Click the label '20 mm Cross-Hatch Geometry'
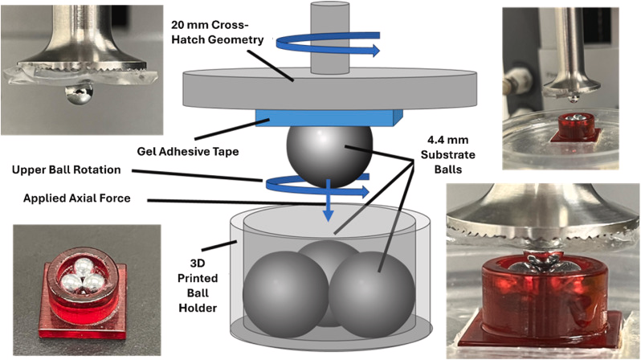point(218,32)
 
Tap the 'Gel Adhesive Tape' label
point(188,151)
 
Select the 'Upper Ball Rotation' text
point(66,170)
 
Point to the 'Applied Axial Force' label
point(77,198)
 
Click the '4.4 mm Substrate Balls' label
point(448,154)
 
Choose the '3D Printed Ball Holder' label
point(198,285)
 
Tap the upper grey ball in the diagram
point(329,156)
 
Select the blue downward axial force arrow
point(328,200)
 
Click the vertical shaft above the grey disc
point(323,38)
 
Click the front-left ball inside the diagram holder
point(286,295)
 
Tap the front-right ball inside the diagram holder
point(372,295)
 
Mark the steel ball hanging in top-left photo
point(79,94)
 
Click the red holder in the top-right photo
point(576,128)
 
